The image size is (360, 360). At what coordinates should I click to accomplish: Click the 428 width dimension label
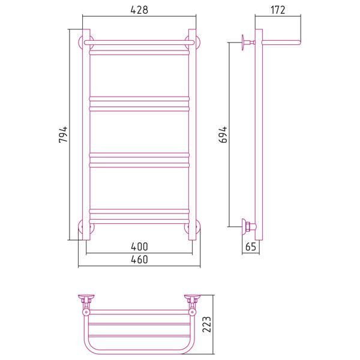click(x=139, y=10)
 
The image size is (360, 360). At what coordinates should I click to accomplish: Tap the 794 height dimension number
click(x=63, y=134)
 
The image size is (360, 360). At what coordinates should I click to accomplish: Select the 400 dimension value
click(x=139, y=247)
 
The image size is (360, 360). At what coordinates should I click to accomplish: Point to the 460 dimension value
click(x=139, y=259)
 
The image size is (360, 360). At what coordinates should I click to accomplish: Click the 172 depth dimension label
click(x=278, y=10)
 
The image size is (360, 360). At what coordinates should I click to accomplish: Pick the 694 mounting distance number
click(x=223, y=134)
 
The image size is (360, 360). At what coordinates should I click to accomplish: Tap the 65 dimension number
click(x=250, y=247)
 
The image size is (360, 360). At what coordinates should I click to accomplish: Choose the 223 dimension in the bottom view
click(x=206, y=324)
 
